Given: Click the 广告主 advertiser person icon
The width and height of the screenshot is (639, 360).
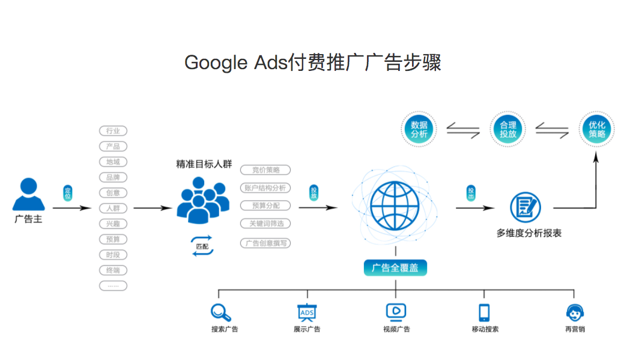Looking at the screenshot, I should pos(28,194).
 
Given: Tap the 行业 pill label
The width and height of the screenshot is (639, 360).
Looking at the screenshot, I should pos(113,131).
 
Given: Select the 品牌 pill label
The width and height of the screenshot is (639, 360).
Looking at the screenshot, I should pos(113,177).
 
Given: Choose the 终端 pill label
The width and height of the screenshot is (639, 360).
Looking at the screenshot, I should pos(113,270).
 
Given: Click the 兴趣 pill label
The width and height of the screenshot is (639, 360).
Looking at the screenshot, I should pos(113,224).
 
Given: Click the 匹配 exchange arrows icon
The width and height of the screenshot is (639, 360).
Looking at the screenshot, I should pos(202,246).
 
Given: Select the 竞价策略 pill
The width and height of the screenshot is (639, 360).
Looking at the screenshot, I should pos(265,170).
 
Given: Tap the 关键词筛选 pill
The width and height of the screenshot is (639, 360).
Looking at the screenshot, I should pos(265,224).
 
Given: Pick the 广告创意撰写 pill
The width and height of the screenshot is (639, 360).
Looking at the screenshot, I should pos(265,243).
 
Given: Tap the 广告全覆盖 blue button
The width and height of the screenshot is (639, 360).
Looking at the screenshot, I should pos(395,267).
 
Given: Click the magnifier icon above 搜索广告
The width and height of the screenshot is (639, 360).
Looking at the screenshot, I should pos(221,313).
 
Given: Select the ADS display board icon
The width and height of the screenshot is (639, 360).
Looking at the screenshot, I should pos(307,313).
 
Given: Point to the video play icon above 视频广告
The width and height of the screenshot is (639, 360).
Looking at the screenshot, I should pos(396,311).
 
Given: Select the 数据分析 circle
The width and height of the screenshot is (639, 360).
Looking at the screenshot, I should pos(419,130).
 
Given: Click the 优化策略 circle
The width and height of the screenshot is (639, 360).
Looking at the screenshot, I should pos(597,130).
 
